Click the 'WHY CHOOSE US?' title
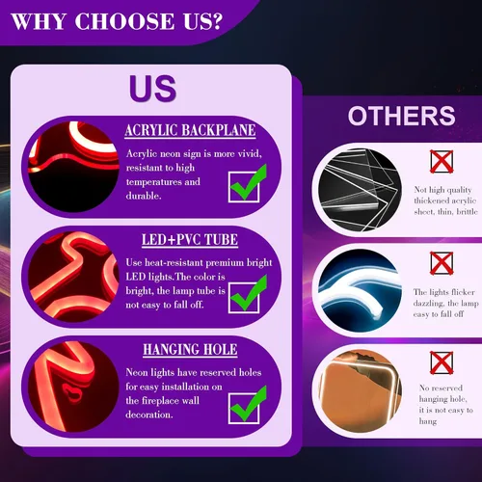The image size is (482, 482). click(117, 21)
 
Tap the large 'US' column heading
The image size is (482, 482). click(152, 89)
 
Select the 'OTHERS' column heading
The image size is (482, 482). click(401, 116)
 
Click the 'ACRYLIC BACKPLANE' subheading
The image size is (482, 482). click(190, 130)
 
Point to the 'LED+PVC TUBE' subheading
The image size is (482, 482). click(190, 240)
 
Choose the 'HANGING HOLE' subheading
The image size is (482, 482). click(190, 350)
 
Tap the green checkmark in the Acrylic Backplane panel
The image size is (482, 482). click(248, 183)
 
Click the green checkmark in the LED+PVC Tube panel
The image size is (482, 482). click(248, 294)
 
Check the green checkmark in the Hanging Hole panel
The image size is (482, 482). click(248, 405)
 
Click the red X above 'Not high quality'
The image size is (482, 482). click(442, 162)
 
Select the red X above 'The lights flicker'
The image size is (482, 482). click(442, 263)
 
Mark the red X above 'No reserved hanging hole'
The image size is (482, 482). click(442, 362)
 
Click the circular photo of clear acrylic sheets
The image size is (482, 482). click(360, 190)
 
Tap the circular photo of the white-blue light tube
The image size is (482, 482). click(360, 290)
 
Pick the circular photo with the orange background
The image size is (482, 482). click(360, 391)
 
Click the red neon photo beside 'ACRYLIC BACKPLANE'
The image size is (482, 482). click(73, 167)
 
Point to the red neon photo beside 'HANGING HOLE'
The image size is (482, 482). click(73, 387)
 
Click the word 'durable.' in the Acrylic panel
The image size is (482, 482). click(144, 196)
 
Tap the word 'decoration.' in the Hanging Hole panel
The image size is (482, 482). click(149, 415)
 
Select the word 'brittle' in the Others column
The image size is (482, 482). click(467, 211)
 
